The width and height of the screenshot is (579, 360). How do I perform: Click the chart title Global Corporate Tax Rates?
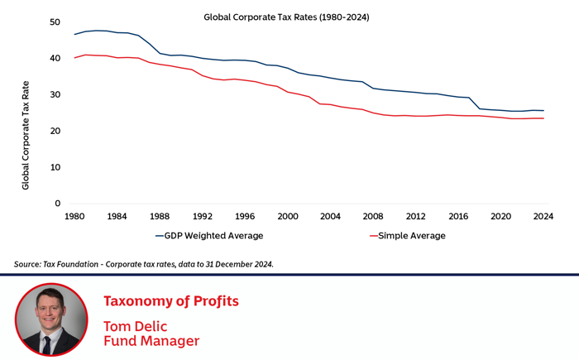coord(287,17)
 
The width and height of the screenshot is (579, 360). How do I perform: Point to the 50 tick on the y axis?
coord(55,22)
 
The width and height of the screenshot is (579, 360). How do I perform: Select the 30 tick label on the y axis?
coord(55,95)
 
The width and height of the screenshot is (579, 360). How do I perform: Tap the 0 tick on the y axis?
coord(58,204)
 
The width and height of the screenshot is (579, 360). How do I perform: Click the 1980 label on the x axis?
coord(74,217)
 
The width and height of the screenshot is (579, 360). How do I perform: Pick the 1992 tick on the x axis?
coord(202,217)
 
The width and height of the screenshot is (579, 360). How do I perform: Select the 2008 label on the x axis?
coord(372,217)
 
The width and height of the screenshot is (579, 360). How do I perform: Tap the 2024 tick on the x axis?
coord(543,217)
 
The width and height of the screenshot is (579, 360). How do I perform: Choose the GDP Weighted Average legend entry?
coord(209,236)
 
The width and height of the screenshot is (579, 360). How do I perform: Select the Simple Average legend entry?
coord(412,236)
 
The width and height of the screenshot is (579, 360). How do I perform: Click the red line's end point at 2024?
coord(543,118)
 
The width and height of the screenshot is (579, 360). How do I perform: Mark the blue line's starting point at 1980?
coord(74,35)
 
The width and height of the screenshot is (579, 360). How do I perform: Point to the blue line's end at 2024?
coord(543,111)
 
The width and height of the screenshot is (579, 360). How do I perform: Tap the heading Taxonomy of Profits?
coord(170,301)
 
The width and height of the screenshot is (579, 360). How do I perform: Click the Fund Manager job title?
coord(151,340)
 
